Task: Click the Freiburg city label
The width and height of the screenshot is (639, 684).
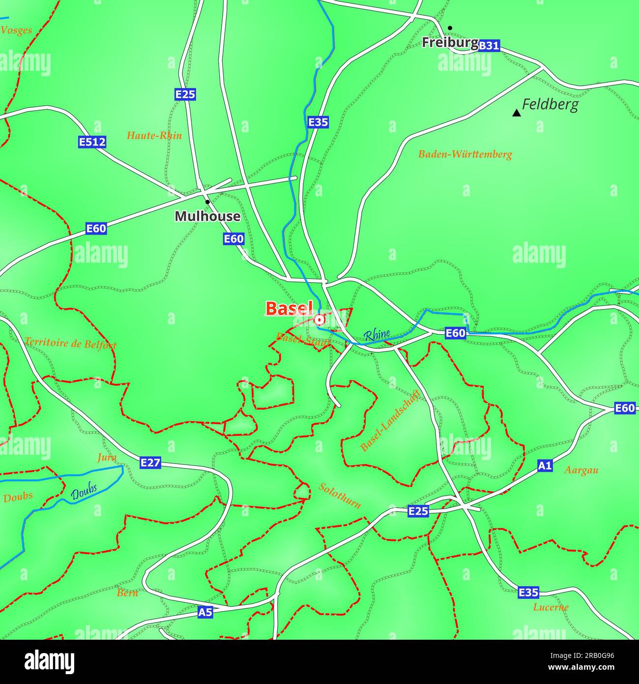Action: [x=450, y=43]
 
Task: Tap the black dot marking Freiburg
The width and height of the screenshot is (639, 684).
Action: [x=450, y=28]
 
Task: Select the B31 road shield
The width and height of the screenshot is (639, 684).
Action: [x=489, y=46]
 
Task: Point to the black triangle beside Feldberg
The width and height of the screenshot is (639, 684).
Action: [x=516, y=113]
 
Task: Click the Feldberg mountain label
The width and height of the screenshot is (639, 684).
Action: [x=550, y=104]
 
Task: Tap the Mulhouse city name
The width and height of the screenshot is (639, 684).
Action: [x=207, y=216]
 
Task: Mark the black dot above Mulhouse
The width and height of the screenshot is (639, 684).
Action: [x=207, y=202]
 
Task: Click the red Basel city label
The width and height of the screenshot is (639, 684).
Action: [x=289, y=309]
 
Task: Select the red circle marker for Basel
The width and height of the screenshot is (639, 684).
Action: [x=319, y=320]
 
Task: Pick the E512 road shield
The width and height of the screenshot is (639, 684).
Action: [x=92, y=142]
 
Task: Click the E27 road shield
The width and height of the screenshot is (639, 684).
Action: [x=150, y=463]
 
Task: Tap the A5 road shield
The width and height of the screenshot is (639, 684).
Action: [x=205, y=612]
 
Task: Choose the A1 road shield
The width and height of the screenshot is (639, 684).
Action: [x=545, y=466]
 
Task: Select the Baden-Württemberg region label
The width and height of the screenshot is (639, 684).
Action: [x=465, y=154]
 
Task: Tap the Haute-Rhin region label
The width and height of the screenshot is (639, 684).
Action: [x=154, y=135]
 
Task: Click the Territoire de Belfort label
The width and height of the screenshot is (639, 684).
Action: [x=70, y=343]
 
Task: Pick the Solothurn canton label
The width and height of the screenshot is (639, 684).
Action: [x=340, y=495]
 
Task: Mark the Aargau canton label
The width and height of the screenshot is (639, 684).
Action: [x=581, y=470]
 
